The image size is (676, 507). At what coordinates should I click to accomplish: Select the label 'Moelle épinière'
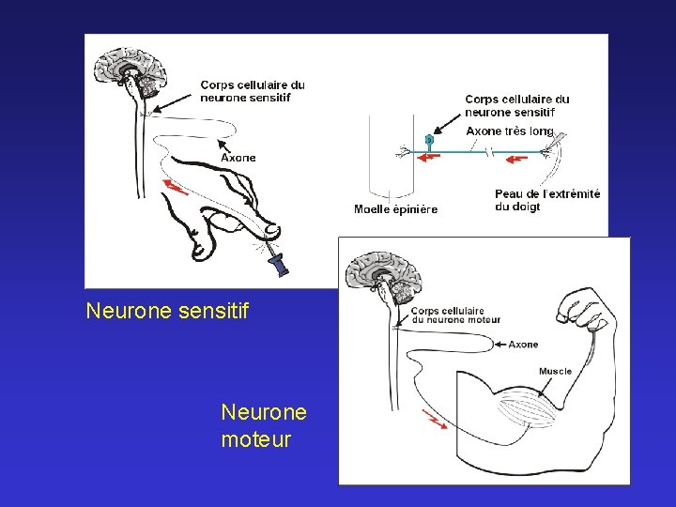[395, 208]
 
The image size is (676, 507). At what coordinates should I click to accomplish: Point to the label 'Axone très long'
[510, 131]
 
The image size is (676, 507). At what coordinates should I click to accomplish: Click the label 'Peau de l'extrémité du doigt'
[546, 200]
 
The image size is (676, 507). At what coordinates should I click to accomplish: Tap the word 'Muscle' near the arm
[555, 371]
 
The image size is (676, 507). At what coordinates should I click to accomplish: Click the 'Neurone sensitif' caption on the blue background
[167, 310]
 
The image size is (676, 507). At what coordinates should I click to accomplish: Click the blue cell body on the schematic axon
[429, 140]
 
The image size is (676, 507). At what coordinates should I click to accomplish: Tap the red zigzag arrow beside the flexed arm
[435, 418]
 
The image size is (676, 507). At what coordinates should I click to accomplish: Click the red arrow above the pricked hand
[174, 186]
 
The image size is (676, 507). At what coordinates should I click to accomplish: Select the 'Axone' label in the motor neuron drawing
[523, 345]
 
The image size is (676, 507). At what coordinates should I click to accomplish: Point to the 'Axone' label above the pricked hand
[238, 158]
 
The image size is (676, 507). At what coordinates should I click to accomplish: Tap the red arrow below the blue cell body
[428, 160]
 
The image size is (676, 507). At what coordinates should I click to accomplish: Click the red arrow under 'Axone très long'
[515, 160]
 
